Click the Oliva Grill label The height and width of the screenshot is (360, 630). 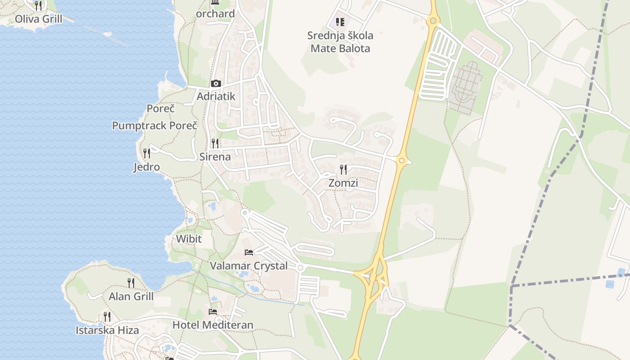(38, 19)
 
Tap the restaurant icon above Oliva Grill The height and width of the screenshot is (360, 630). (38, 5)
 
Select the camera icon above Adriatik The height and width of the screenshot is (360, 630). (216, 83)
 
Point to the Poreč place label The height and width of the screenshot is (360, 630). (161, 108)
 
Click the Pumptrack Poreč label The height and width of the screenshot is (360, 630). (154, 126)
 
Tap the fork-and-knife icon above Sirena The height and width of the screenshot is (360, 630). (215, 144)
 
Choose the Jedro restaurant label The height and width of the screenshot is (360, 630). (147, 167)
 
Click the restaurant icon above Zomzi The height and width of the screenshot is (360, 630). (343, 170)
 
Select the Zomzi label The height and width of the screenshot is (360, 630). (343, 183)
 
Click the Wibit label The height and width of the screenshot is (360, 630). (189, 238)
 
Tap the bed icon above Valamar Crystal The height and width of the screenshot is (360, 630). (249, 252)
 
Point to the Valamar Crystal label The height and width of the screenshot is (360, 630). (249, 266)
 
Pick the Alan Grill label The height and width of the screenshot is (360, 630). (131, 297)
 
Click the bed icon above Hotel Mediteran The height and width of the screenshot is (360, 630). (213, 311)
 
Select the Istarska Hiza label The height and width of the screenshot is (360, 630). (107, 330)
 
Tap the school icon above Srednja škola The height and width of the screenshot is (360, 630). (340, 22)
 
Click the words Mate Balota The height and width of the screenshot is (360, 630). (340, 48)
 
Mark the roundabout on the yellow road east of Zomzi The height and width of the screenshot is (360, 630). (402, 160)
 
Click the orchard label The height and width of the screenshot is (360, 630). (216, 13)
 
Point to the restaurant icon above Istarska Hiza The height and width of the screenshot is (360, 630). (107, 317)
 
